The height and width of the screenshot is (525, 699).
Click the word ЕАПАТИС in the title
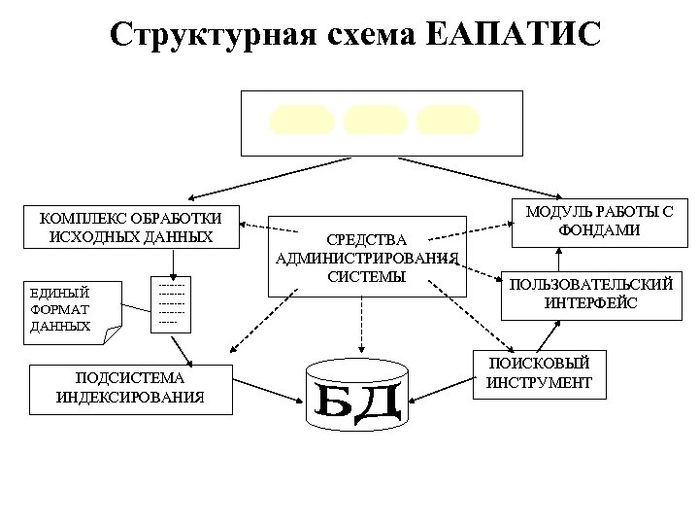point(514,35)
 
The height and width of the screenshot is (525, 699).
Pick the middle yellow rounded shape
point(376,122)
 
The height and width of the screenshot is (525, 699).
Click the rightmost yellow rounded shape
point(447,122)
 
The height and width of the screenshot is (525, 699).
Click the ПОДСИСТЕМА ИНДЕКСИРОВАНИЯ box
point(130,387)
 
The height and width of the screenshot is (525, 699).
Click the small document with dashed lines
point(171,303)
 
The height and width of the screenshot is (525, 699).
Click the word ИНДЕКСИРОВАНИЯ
point(130,396)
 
